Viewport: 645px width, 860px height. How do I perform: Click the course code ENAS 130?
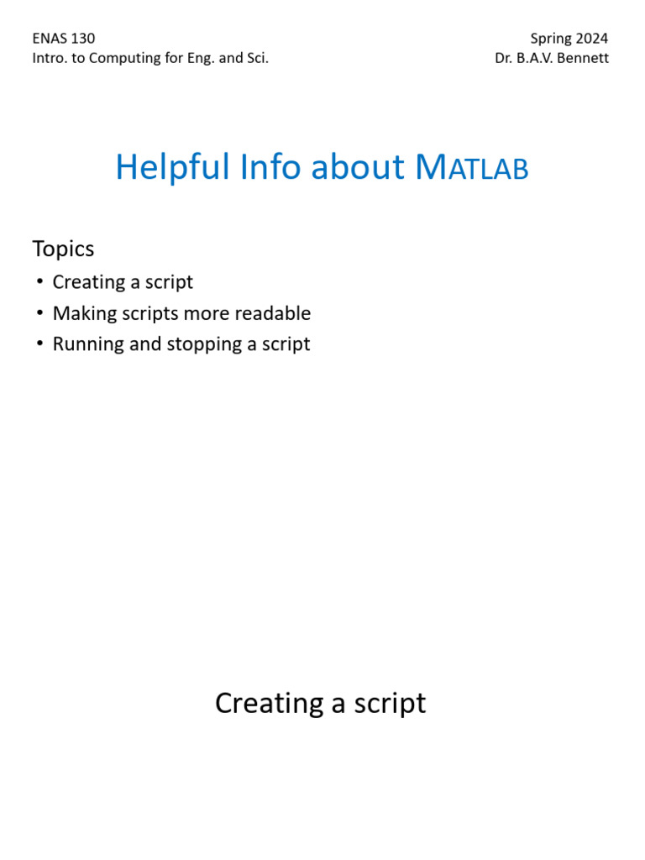[x=64, y=39]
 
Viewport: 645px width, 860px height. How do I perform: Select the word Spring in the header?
[x=550, y=39]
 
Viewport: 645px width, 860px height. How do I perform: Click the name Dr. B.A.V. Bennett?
[x=552, y=59]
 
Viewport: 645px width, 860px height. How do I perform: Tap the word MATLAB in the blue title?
[x=472, y=167]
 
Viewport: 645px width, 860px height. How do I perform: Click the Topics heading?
[x=63, y=249]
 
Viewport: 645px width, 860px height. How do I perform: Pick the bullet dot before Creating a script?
[x=39, y=282]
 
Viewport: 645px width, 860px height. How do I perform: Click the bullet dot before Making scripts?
[x=39, y=313]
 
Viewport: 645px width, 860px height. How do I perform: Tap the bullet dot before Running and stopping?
[x=39, y=344]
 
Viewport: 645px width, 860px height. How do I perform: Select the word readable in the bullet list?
[x=274, y=313]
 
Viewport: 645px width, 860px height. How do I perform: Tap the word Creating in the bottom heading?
[x=270, y=703]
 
